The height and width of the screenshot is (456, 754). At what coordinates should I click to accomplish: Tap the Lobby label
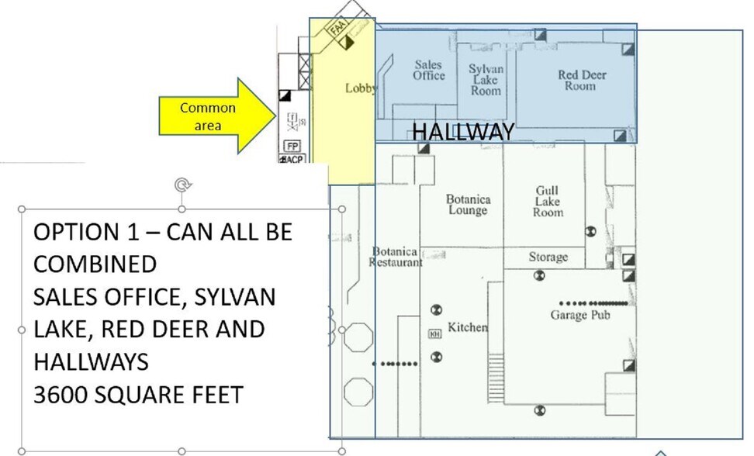(360, 88)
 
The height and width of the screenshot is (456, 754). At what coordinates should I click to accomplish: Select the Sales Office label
(428, 71)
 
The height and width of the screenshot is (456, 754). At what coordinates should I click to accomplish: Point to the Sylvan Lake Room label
(486, 80)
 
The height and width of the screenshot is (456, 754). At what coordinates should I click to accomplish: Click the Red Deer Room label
(582, 81)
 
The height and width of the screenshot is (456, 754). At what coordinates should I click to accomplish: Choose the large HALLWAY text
(462, 132)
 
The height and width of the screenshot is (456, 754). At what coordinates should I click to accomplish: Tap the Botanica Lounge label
(468, 205)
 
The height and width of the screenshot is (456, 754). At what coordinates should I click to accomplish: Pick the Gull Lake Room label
(548, 201)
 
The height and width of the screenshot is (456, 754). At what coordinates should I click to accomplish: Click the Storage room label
(548, 257)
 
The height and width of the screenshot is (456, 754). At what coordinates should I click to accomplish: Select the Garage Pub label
(579, 315)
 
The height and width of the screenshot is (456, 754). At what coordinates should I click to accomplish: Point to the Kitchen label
(468, 327)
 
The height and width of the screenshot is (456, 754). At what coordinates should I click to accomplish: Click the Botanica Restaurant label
(396, 257)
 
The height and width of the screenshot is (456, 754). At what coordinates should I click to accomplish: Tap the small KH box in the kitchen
(434, 334)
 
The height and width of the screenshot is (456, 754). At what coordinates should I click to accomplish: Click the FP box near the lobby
(292, 146)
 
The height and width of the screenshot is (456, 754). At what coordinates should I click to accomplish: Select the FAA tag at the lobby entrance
(337, 29)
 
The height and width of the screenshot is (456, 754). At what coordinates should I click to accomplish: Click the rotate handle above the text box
(182, 185)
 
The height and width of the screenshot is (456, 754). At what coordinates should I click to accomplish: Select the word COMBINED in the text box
(95, 264)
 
